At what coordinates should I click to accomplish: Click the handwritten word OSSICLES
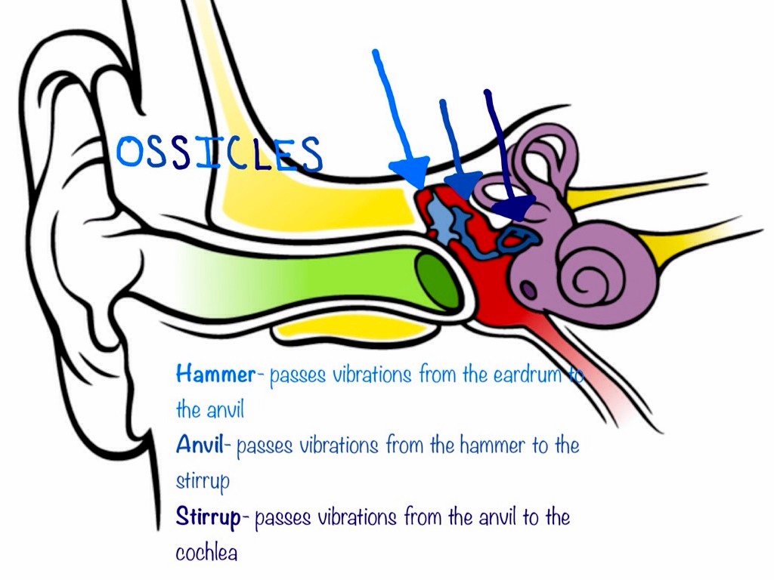(x=219, y=153)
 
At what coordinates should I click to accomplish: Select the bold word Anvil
(x=202, y=445)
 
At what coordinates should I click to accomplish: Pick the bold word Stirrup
(x=208, y=517)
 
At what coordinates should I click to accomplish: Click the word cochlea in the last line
(x=206, y=553)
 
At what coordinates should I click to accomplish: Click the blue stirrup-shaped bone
(x=520, y=239)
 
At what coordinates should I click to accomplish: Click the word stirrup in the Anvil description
(x=202, y=481)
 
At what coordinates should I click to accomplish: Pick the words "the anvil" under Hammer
(x=199, y=409)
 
